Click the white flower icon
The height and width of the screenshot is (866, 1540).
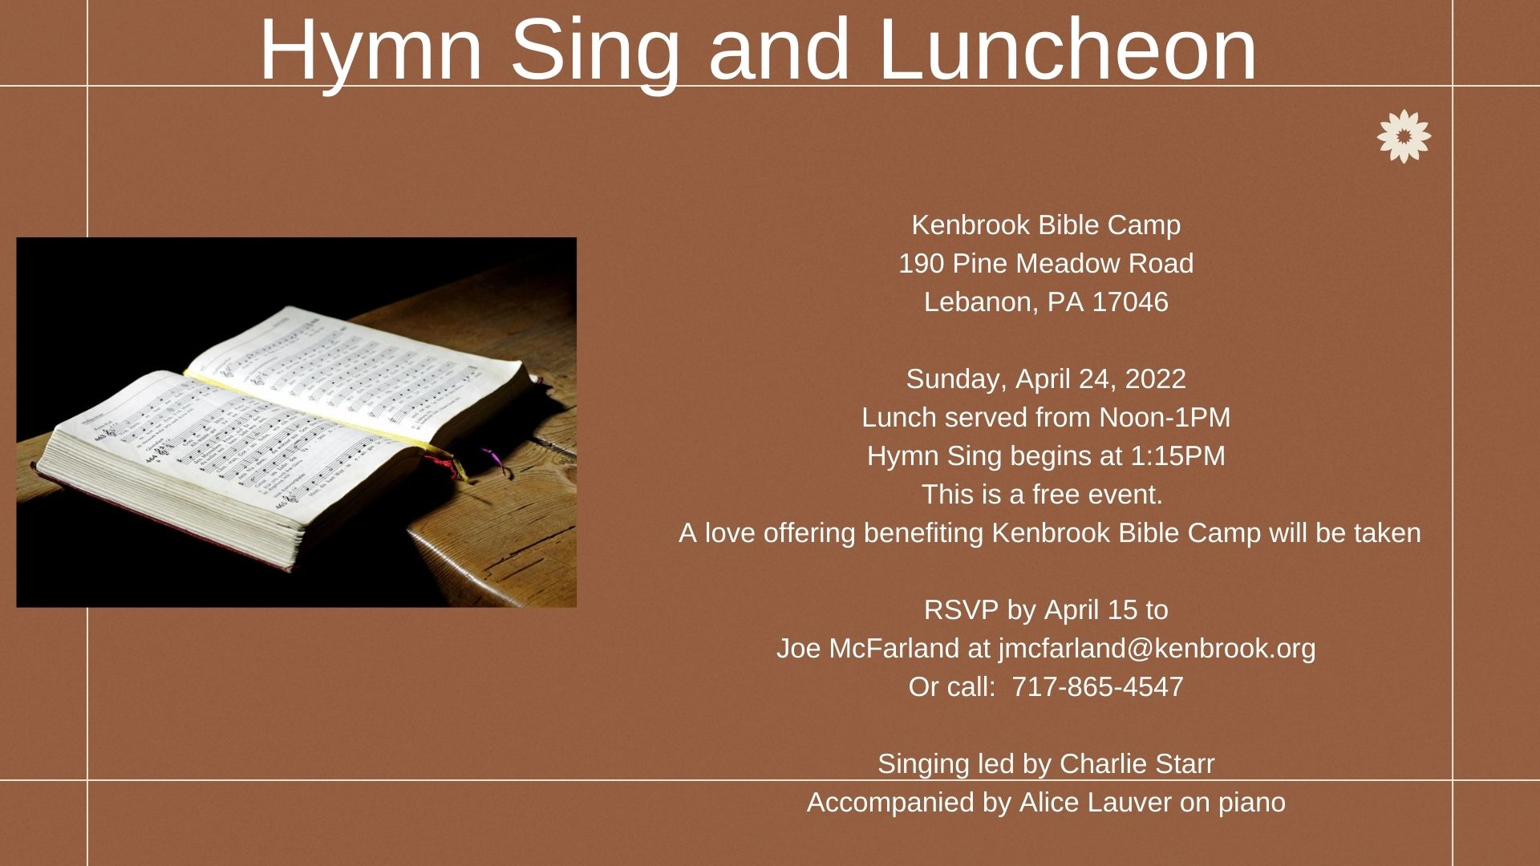click(x=1404, y=136)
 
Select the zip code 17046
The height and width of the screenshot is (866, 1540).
click(x=1130, y=302)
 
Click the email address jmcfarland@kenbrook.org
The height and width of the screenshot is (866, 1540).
click(x=1157, y=649)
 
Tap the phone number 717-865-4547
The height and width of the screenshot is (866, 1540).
click(x=1097, y=687)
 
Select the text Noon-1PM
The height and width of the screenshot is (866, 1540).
click(x=1165, y=418)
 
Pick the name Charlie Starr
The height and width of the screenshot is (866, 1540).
click(x=1137, y=764)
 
